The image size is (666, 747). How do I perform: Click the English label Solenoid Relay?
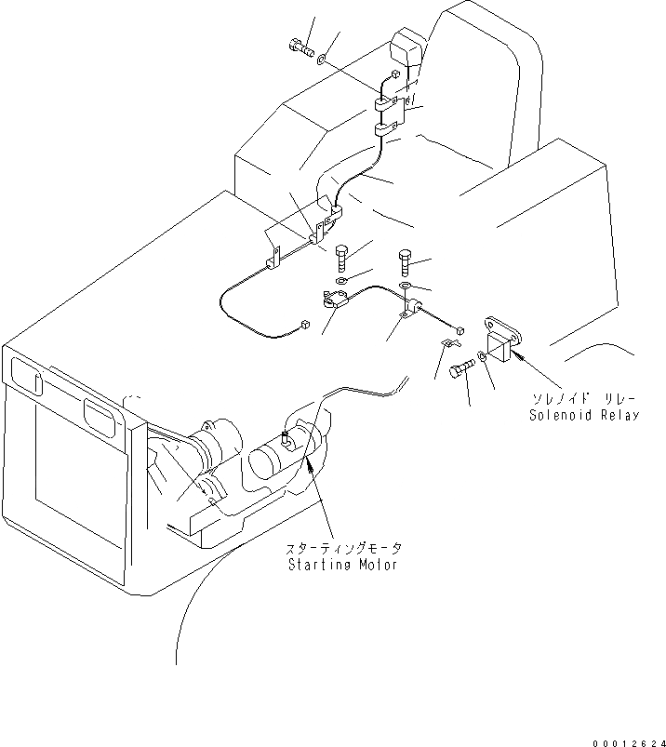[585, 415]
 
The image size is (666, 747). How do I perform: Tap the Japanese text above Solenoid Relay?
[584, 398]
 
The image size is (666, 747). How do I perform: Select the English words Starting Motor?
[343, 565]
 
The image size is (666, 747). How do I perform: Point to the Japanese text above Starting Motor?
[343, 549]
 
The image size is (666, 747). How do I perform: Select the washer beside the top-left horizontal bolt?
[321, 60]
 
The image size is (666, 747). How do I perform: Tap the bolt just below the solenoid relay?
[460, 372]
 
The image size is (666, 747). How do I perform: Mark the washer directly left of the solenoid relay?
[482, 355]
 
